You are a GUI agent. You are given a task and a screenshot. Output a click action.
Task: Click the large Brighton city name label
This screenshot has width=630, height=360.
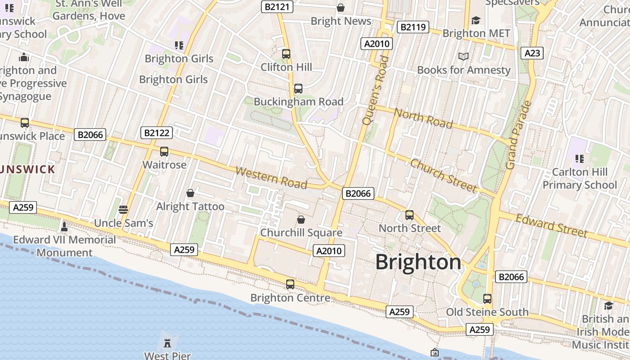(x=418, y=262)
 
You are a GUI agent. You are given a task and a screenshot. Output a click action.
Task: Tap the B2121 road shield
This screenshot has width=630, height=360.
(x=278, y=7)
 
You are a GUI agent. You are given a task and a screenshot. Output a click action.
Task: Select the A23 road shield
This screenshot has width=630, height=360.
(x=532, y=53)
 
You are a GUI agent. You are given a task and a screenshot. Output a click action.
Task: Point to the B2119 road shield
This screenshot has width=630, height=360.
(x=413, y=27)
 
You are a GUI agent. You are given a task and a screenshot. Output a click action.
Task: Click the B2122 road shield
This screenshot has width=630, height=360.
(x=156, y=133)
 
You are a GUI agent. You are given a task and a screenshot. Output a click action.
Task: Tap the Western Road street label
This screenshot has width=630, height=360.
(x=271, y=178)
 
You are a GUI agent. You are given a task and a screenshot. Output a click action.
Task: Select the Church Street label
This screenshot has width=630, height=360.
(x=443, y=175)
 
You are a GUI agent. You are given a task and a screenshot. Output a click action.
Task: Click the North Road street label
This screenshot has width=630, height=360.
(x=423, y=118)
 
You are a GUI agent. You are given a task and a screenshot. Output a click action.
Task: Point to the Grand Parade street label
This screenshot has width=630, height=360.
(x=518, y=135)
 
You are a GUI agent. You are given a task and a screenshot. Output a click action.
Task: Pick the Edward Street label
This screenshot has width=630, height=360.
(x=551, y=225)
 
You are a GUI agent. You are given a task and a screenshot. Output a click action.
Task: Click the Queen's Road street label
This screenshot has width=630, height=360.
(x=374, y=90)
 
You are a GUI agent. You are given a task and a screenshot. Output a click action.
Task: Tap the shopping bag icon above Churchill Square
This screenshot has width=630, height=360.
(x=301, y=220)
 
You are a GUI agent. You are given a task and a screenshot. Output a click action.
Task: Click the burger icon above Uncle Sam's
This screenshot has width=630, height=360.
(x=123, y=210)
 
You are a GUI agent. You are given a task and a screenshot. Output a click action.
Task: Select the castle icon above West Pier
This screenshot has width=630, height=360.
(x=167, y=343)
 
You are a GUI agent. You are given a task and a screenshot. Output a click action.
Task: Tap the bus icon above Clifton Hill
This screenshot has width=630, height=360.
(x=286, y=54)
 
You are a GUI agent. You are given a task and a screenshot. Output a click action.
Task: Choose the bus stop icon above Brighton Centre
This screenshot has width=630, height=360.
(x=290, y=284)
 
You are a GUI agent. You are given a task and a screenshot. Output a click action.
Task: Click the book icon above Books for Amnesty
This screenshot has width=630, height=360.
(x=463, y=57)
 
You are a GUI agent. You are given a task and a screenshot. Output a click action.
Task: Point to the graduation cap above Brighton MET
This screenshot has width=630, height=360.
(x=476, y=20)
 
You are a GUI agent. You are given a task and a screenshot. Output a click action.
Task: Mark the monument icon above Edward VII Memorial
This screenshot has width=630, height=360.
(x=64, y=226)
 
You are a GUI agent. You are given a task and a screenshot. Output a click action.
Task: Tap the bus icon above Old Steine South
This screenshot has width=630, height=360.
(x=487, y=298)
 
